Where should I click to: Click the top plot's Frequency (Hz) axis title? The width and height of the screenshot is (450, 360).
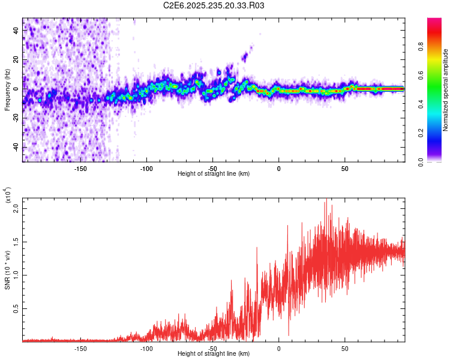click(7, 90)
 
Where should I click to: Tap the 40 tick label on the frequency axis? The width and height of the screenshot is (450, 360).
click(16, 31)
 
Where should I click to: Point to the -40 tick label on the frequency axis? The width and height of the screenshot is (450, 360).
click(14, 147)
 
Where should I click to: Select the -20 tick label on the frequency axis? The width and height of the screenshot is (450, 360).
click(14, 118)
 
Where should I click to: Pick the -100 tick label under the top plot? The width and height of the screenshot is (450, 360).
click(146, 168)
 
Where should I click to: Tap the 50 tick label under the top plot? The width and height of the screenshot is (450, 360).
click(344, 168)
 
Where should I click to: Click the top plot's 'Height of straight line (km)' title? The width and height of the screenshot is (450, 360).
click(214, 174)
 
